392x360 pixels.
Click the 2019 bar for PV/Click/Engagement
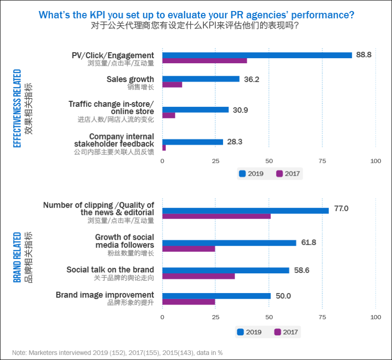pos(257,55)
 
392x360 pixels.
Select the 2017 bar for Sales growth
pos(172,84)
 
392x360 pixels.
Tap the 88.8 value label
pos(364,55)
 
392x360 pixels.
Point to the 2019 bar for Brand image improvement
pos(217,296)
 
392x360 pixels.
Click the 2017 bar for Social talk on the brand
pos(199,276)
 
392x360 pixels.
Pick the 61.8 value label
pos(309,243)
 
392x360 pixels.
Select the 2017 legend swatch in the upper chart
pos(280,174)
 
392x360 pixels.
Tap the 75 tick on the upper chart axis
pos(323,161)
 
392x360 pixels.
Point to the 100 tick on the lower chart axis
pos(376,317)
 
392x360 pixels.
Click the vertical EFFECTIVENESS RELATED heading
pos(17,108)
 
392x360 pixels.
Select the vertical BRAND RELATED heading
pos(17,257)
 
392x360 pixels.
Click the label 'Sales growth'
pos(130,79)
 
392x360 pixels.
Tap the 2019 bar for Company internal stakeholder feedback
pos(193,142)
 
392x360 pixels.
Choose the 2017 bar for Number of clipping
pos(217,216)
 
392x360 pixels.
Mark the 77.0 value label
pos(341,209)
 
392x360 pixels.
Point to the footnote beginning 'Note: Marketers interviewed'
pos(118,353)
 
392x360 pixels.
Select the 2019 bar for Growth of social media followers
pos(230,243)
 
